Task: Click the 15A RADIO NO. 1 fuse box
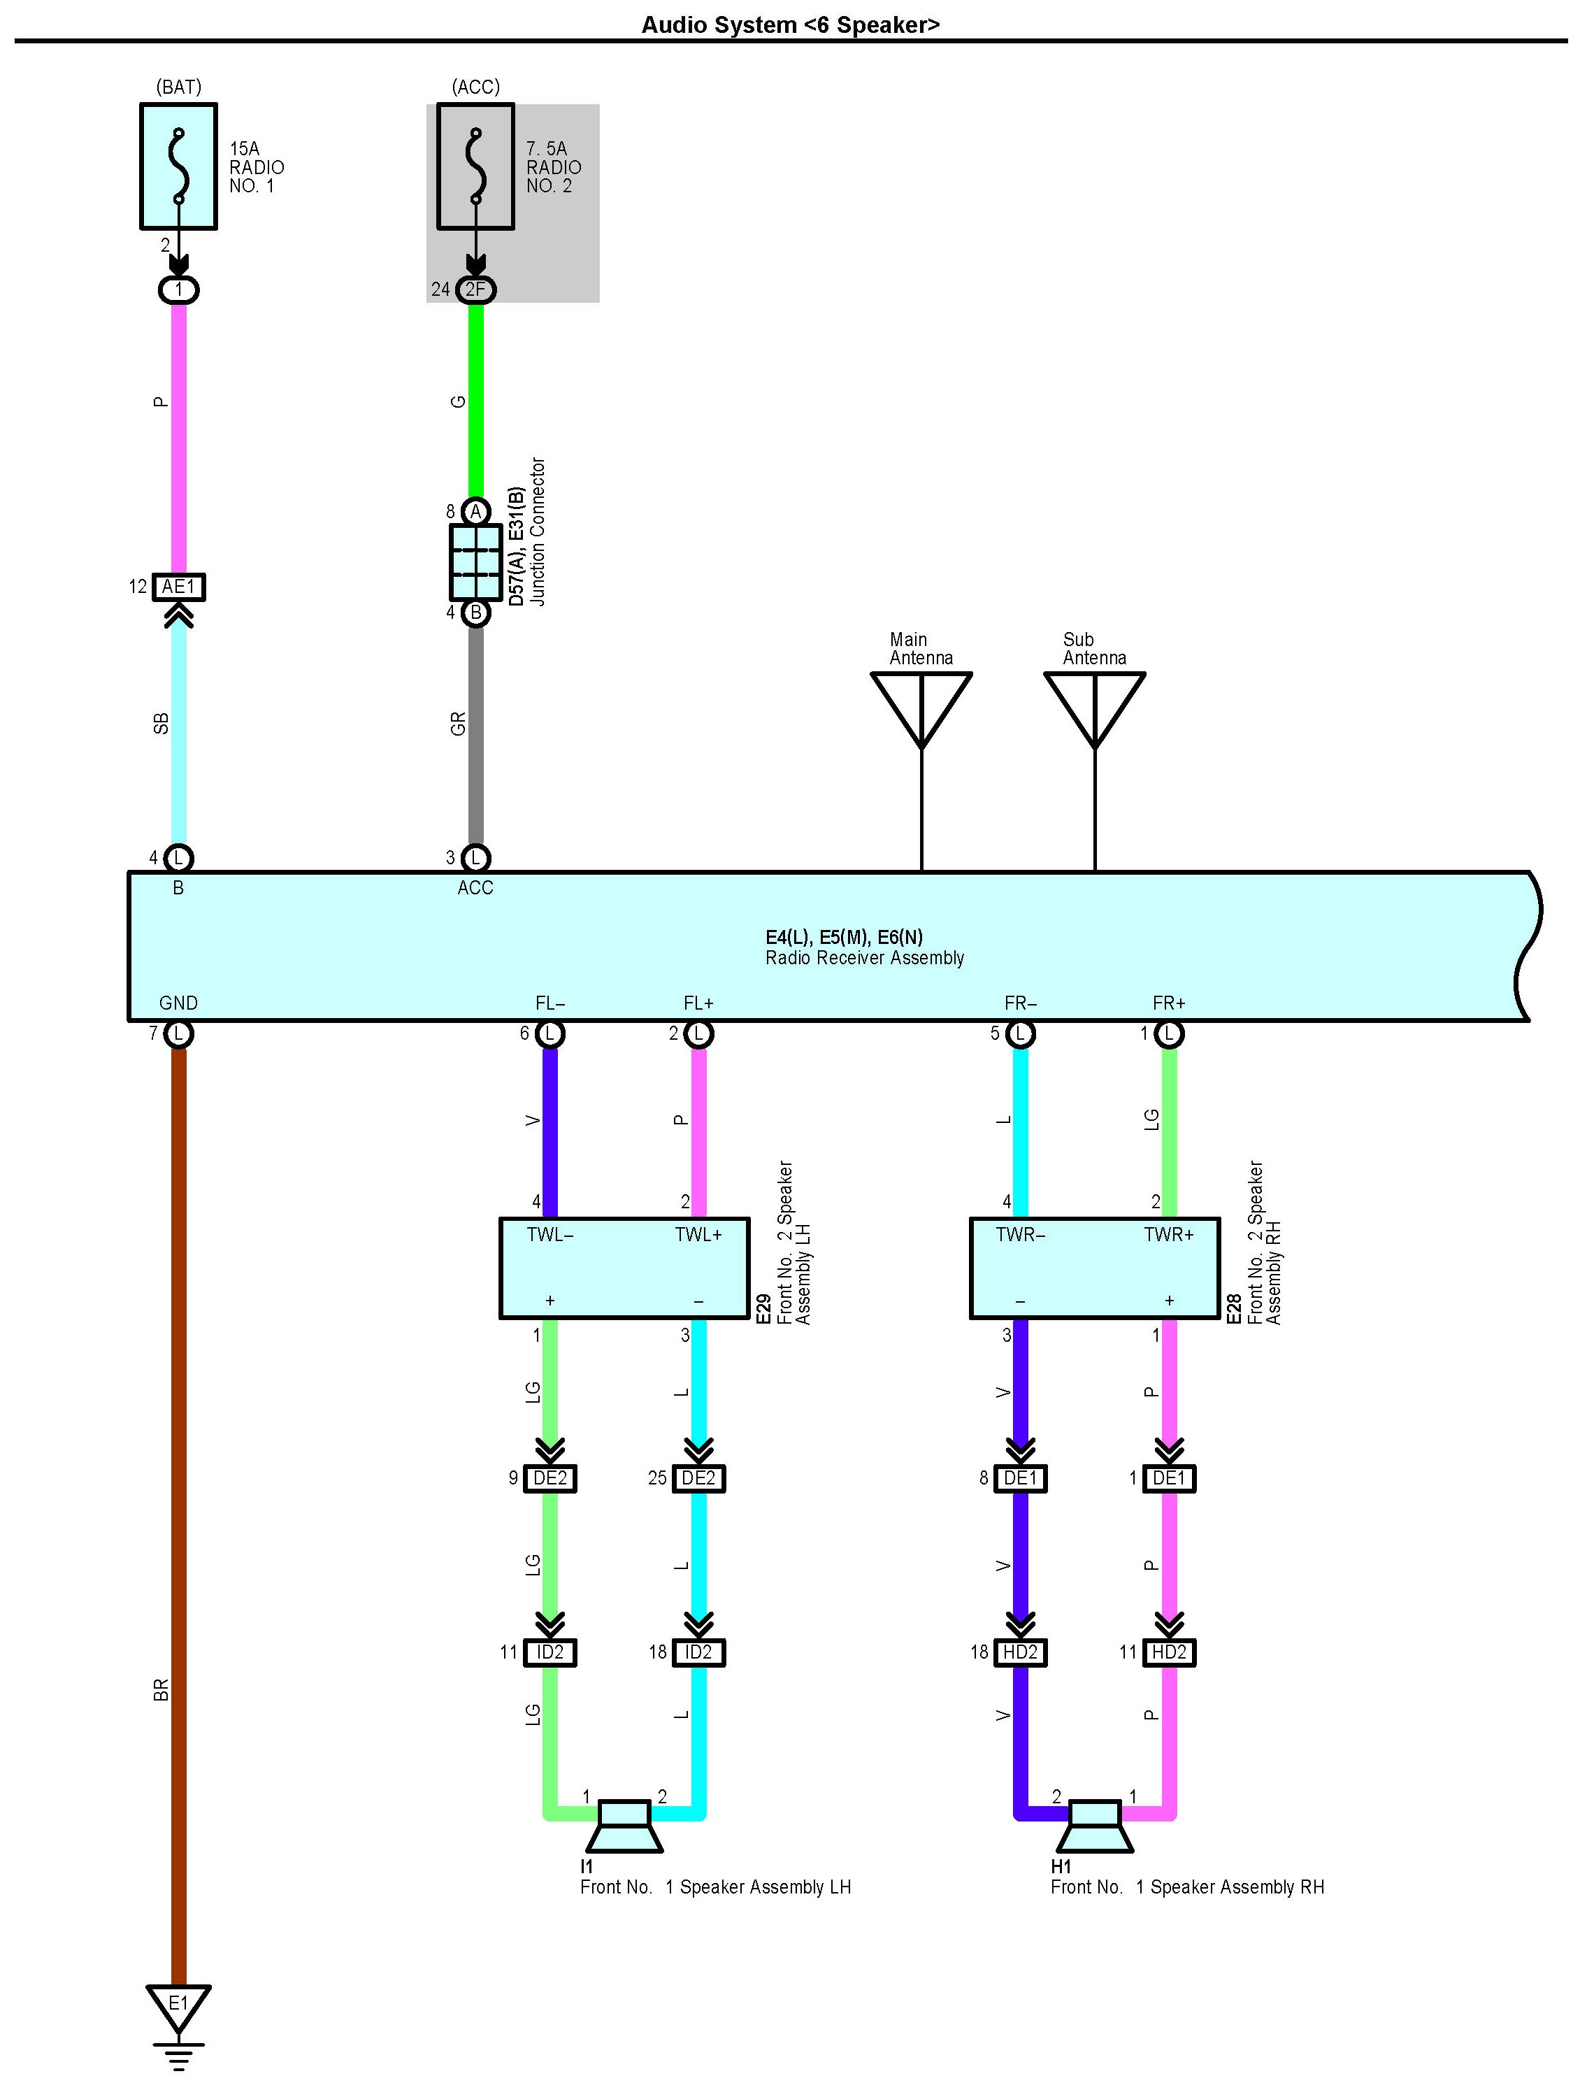click(x=178, y=166)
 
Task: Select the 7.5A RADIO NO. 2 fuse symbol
click(x=475, y=166)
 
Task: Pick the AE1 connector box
click(x=178, y=587)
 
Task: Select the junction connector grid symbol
click(x=475, y=561)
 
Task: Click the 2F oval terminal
click(x=475, y=289)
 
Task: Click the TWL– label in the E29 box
click(x=550, y=1235)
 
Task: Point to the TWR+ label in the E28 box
click(x=1168, y=1235)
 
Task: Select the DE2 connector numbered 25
click(x=698, y=1478)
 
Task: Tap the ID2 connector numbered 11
click(x=550, y=1652)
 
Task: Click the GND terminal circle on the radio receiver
click(x=178, y=1034)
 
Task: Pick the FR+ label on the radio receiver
click(x=1168, y=1003)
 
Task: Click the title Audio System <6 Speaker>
click(x=790, y=24)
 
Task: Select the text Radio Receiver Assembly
click(x=864, y=958)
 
